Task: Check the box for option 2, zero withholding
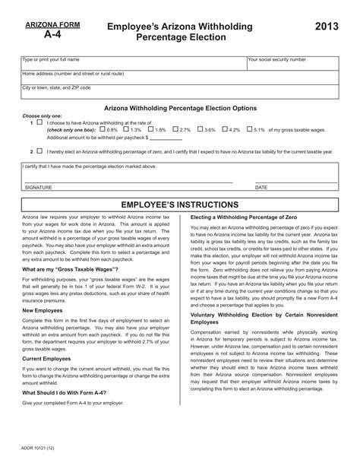pos(39,151)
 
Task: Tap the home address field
pos(180,78)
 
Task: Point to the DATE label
pos(261,186)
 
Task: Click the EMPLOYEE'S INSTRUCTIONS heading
pos(180,205)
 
